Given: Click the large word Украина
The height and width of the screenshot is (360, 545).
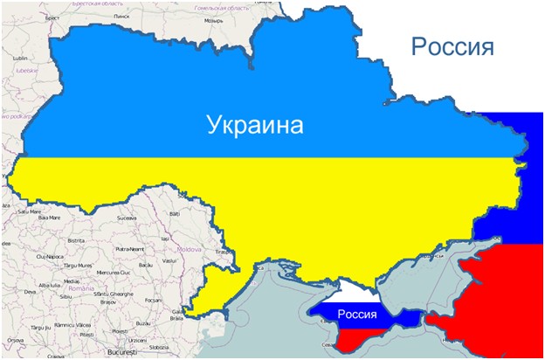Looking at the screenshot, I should click(255, 125).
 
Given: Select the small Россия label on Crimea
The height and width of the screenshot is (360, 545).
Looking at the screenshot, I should click(357, 313).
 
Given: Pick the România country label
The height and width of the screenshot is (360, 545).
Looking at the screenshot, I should click(83, 287).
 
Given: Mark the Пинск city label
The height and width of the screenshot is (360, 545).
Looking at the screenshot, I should click(122, 16).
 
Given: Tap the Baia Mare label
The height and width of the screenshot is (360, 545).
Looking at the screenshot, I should click(49, 218).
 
